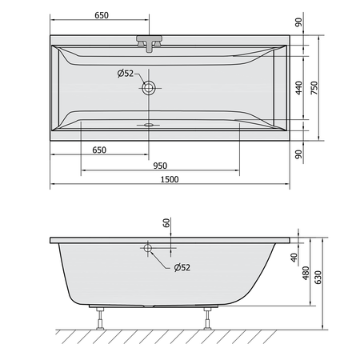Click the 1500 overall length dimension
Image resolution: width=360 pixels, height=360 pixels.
pyautogui.click(x=170, y=179)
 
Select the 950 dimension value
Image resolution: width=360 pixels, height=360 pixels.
pyautogui.click(x=160, y=166)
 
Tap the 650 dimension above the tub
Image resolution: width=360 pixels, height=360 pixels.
pyautogui.click(x=102, y=15)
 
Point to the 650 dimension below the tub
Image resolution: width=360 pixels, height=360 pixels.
pyautogui.click(x=99, y=150)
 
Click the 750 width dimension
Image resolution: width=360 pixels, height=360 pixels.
pyautogui.click(x=314, y=88)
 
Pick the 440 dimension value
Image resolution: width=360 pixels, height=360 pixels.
pyautogui.click(x=299, y=88)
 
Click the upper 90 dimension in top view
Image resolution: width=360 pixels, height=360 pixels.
pyautogui.click(x=299, y=22)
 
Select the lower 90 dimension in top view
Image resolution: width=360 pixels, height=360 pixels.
pyautogui.click(x=299, y=154)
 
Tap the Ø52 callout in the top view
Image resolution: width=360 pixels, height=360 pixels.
pyautogui.click(x=126, y=74)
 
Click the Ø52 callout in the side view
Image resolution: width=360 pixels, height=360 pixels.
pyautogui.click(x=182, y=267)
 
